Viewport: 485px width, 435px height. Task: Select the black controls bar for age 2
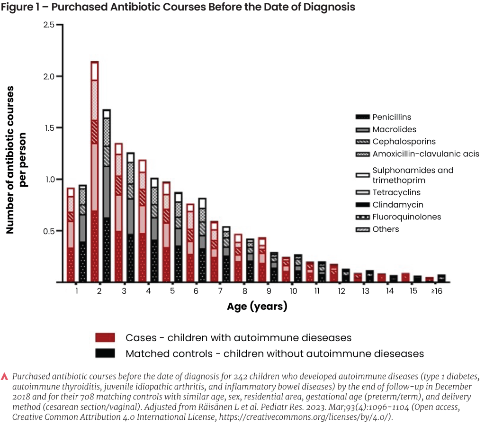pos(106,196)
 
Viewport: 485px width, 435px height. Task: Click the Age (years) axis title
pos(257,307)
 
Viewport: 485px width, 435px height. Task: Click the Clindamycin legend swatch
pos(362,205)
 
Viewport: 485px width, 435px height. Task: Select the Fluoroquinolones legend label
pos(406,217)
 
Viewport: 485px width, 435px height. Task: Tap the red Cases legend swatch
pos(106,338)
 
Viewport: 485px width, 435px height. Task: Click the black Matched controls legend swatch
pos(106,353)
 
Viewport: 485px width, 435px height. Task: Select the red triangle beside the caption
pos(5,377)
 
